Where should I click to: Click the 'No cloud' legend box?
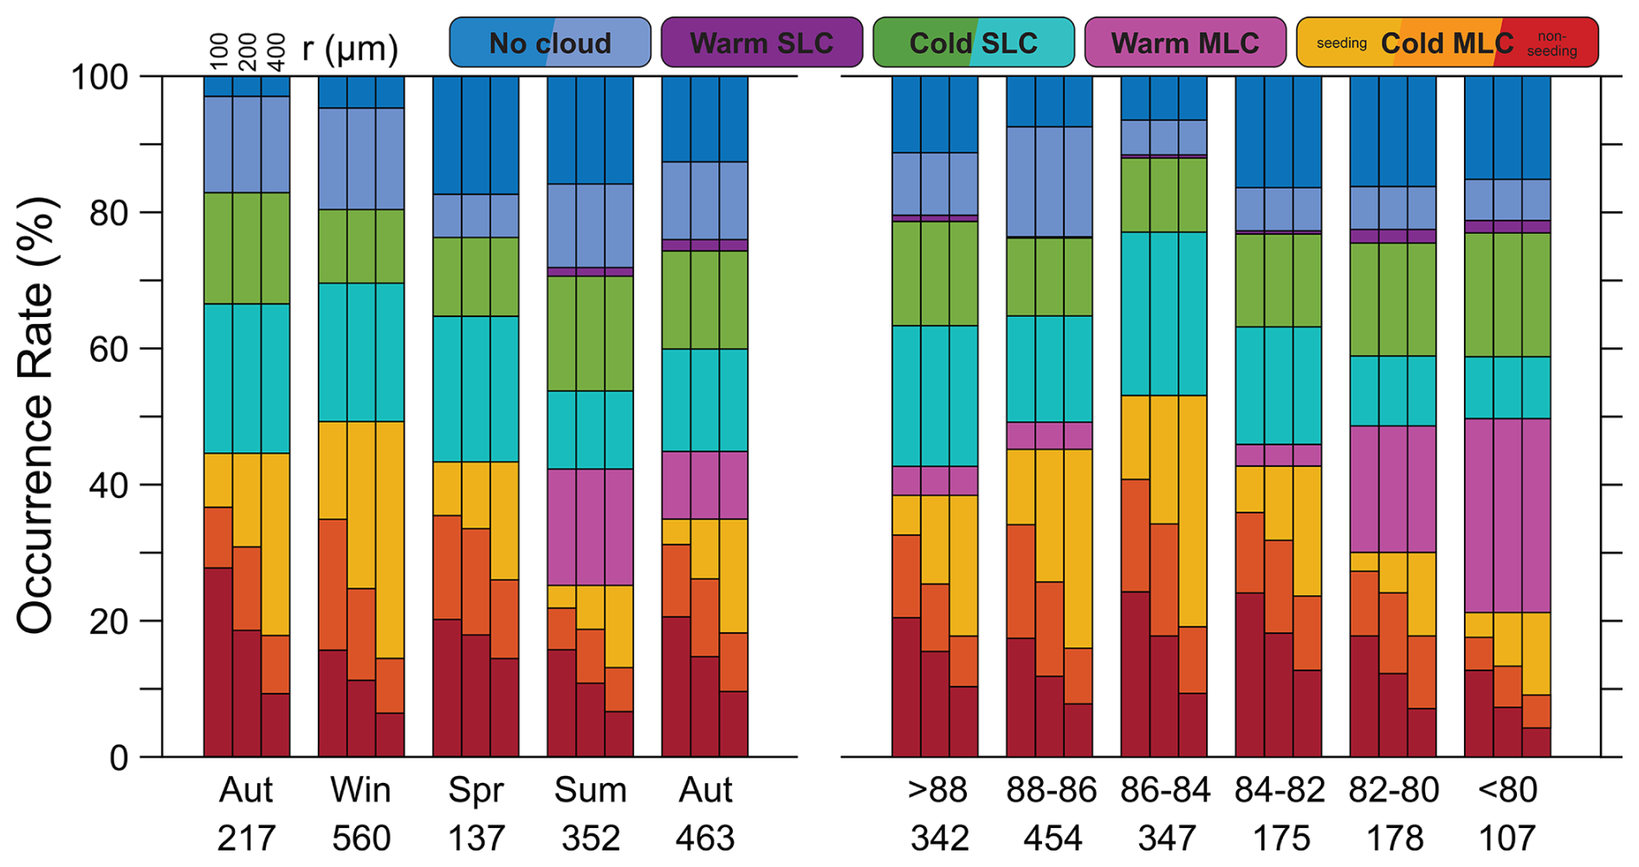tap(550, 42)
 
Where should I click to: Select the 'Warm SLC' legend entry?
tap(761, 42)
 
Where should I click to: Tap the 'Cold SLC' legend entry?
tap(973, 42)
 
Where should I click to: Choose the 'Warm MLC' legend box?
tap(1184, 42)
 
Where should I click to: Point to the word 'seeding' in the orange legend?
tap(1341, 43)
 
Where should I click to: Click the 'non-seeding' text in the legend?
tap(1552, 44)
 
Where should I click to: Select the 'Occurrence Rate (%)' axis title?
tap(36, 416)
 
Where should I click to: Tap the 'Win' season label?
tap(360, 790)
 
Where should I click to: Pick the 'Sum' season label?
tap(590, 790)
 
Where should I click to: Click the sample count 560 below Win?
tap(360, 838)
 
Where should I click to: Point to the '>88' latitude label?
tap(937, 790)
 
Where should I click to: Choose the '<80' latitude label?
tap(1508, 790)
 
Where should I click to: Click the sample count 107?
tap(1508, 838)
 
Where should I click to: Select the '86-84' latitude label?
tap(1165, 790)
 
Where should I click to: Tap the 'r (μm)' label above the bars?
tap(350, 49)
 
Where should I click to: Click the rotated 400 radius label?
tap(275, 52)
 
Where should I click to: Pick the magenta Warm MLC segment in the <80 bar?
tap(1507, 515)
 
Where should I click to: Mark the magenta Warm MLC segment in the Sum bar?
tap(590, 527)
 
